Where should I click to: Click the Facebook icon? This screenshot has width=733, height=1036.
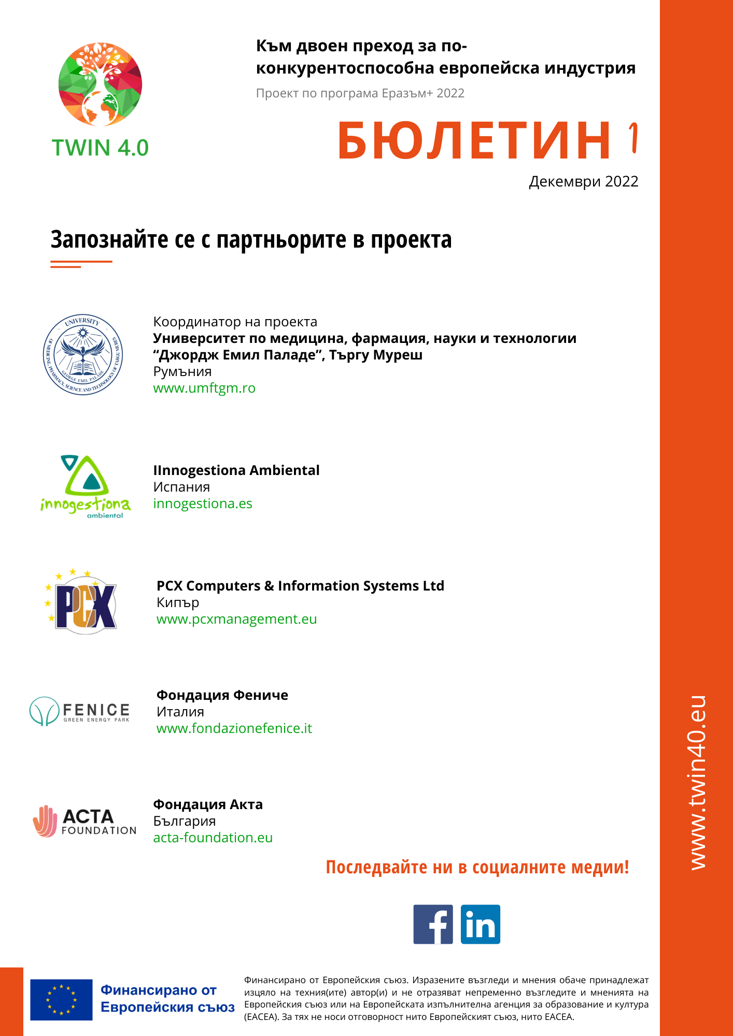click(x=433, y=924)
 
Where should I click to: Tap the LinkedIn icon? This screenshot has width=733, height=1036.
click(x=480, y=924)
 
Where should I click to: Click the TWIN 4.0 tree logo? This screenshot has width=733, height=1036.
click(x=101, y=84)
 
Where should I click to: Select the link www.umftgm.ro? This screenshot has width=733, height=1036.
click(x=204, y=388)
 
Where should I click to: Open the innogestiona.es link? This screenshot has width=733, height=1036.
click(x=203, y=503)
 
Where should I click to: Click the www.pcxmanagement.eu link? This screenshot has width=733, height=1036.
click(x=236, y=619)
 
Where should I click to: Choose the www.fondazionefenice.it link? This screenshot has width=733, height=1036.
click(x=234, y=728)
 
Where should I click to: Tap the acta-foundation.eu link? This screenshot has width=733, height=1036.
click(x=213, y=838)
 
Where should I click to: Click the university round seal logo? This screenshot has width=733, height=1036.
click(x=83, y=355)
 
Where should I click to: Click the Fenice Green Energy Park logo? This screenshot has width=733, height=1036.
click(x=80, y=711)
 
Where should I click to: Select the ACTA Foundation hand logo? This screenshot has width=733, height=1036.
click(x=45, y=821)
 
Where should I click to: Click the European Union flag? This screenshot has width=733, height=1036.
click(x=61, y=1000)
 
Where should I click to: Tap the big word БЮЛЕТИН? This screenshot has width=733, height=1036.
click(x=474, y=140)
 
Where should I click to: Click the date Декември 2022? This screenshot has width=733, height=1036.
click(x=583, y=182)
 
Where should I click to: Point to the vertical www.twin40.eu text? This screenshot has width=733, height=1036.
click(x=698, y=782)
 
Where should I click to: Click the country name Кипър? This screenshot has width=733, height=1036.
click(x=178, y=602)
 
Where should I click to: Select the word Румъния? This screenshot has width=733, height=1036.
click(x=182, y=371)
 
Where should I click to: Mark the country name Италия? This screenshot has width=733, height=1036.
click(x=180, y=712)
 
